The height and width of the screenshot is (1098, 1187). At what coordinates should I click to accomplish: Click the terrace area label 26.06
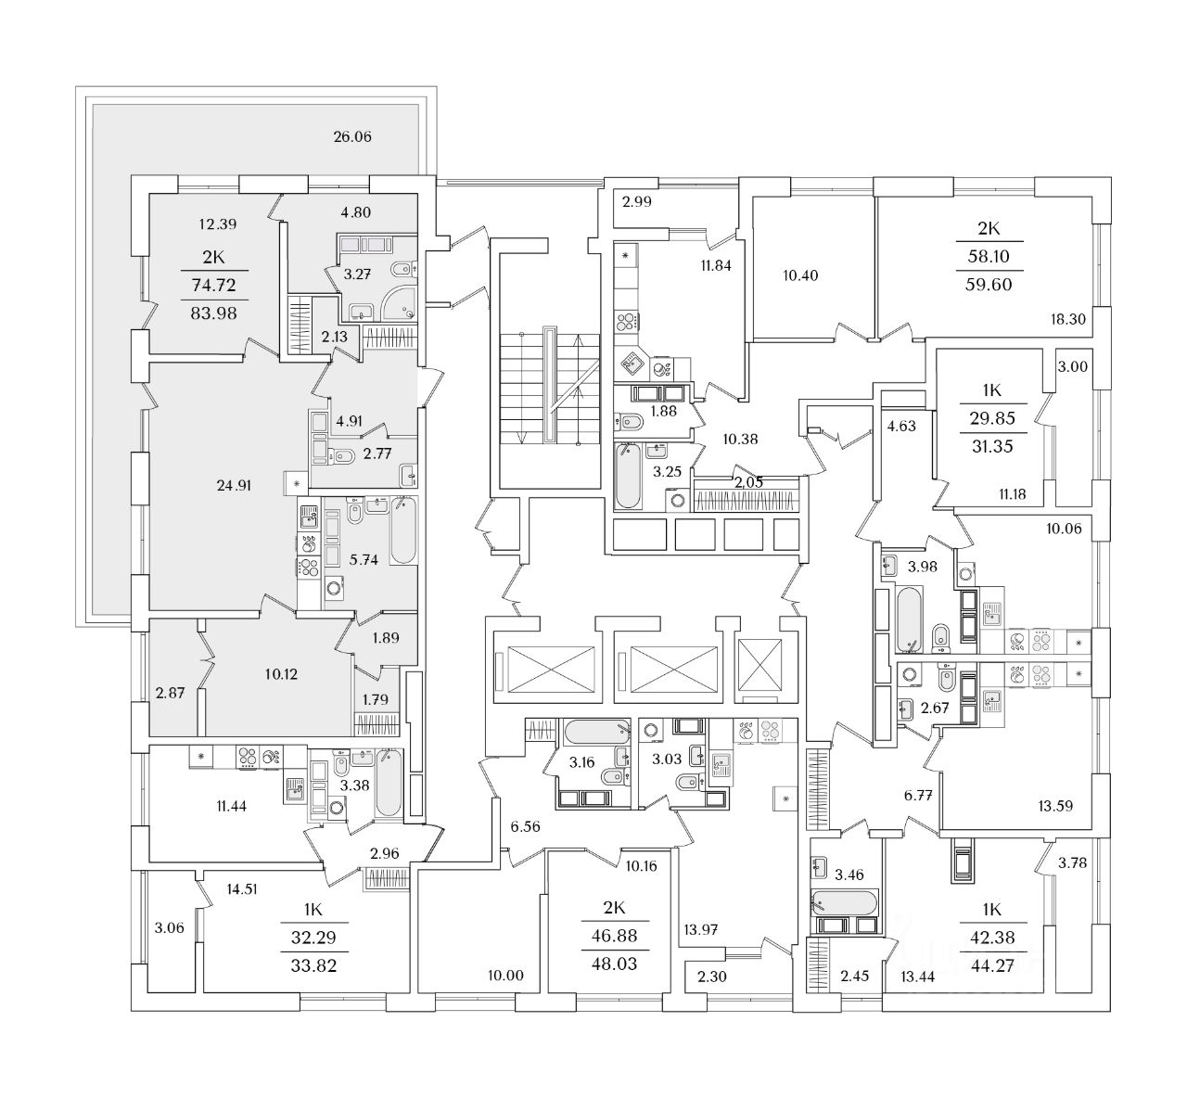point(352,137)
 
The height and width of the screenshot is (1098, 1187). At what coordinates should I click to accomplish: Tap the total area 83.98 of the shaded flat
point(213,313)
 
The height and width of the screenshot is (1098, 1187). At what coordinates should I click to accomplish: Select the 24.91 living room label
point(234,486)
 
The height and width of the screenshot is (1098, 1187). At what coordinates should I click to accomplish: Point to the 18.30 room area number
point(1068,319)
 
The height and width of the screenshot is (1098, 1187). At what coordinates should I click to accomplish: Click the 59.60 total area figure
point(989,285)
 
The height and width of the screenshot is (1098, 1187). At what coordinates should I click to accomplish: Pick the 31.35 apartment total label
point(992,446)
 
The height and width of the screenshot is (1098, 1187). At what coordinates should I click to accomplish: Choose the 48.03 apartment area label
point(614,964)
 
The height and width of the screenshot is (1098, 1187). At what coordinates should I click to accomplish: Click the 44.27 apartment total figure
point(992,966)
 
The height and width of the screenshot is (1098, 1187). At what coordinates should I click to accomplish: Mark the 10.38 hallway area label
point(740,440)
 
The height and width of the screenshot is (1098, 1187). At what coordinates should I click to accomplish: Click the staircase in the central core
point(550,389)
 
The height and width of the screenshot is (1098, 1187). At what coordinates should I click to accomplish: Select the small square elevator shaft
point(759,665)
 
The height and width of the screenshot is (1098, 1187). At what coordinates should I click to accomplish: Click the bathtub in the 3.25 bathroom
point(628,475)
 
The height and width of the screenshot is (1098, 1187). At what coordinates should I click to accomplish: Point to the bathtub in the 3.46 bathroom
point(844,903)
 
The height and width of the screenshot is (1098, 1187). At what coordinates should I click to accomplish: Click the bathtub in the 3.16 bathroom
point(597,732)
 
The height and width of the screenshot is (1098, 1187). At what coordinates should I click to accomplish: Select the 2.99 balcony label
point(636,202)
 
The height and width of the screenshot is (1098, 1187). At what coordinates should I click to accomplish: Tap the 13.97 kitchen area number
point(700,929)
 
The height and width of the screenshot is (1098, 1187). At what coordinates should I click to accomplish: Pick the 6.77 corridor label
point(918,796)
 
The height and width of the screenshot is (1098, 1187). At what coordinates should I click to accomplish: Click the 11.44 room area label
point(231,806)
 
